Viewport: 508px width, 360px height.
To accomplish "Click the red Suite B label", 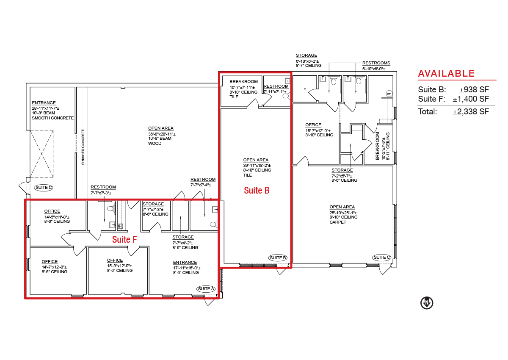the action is coord(257,190).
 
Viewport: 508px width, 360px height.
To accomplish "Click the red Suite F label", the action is coord(124,239).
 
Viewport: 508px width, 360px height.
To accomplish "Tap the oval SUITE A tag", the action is coord(206,288).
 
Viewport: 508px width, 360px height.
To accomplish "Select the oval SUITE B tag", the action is coord(278,258).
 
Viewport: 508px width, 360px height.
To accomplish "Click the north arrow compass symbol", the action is coord(427,303).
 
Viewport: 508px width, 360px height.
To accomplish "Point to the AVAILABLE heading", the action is coord(446,73).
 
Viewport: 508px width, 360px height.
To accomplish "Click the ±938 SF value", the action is coord(474,90).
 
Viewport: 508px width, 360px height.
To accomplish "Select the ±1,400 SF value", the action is coord(471,99).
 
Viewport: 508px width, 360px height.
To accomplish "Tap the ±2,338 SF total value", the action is coord(471,112).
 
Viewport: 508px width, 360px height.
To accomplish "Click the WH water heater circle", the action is coord(389,94).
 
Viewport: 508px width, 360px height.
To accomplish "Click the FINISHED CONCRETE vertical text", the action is coord(83,147).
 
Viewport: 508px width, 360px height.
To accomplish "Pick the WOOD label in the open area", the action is coord(155,144).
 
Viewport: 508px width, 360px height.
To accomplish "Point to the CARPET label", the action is coord(338,222).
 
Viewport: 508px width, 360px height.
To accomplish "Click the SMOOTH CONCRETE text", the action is coord(52,118).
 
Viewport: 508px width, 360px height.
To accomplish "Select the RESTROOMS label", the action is coord(376,63).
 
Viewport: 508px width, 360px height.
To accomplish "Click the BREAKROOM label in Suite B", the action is coord(243,82).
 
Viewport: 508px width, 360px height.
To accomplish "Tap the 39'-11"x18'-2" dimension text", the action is coord(257,165).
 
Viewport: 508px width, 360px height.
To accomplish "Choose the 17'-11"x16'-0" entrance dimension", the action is coord(187,268).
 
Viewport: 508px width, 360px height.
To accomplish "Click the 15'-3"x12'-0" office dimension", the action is coord(119,266).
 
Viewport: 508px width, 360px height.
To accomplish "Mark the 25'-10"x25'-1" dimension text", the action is coord(343,213).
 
